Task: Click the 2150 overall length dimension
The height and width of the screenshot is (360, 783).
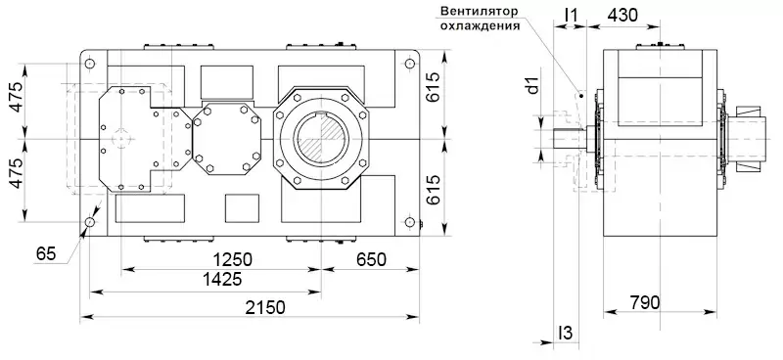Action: [x=265, y=307]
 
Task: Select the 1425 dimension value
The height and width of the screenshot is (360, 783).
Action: [x=222, y=279]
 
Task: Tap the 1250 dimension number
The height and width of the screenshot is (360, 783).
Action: [x=233, y=259]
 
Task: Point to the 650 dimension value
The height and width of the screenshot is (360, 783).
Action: [x=371, y=259]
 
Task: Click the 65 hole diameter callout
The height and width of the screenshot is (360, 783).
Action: [x=46, y=254]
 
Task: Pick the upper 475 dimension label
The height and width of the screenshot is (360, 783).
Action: [x=17, y=97]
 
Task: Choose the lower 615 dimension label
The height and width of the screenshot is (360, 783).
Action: [x=434, y=190]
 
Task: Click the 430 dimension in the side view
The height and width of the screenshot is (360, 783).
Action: [x=622, y=16]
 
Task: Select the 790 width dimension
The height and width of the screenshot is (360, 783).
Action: [x=644, y=302]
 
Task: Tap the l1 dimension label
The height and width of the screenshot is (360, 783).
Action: [x=571, y=16]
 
